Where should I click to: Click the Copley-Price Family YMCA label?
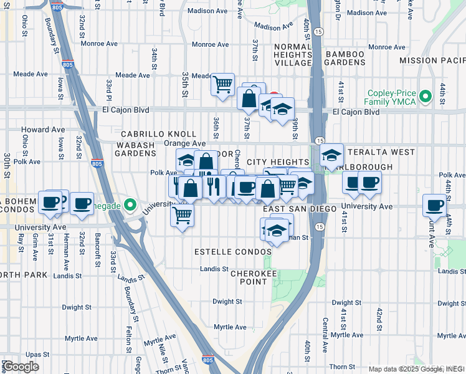(392, 96)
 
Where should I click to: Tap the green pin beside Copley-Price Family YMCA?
(426, 96)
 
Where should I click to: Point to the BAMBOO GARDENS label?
(344, 59)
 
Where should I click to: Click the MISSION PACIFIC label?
(432, 60)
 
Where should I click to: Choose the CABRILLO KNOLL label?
(158, 134)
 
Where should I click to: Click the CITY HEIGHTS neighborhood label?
(278, 162)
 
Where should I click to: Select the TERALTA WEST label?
(381, 152)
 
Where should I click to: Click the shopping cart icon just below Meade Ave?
(222, 84)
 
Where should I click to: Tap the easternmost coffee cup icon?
(435, 204)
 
